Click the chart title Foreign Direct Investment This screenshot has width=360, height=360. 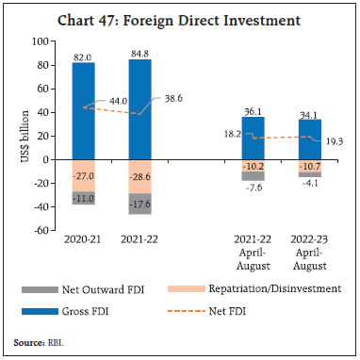click(179, 18)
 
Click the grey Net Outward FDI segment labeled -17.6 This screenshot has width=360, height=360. click(140, 203)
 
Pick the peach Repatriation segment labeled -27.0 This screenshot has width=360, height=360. click(83, 175)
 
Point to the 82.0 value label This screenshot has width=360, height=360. click(83, 56)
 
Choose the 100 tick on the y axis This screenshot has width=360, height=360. click(40, 41)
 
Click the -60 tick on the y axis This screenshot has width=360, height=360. click(40, 229)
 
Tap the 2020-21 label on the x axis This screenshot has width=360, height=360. click(83, 241)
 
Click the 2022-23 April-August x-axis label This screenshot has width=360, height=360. click(313, 254)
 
